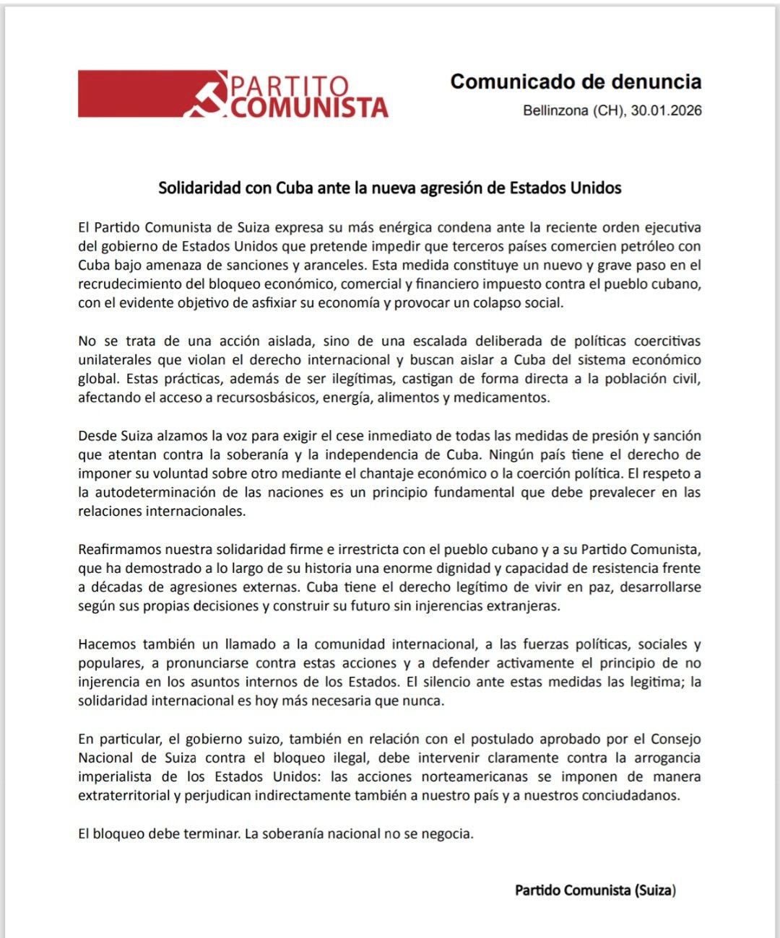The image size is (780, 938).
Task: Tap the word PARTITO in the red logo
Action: [x=290, y=86]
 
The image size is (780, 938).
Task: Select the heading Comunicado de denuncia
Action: [x=576, y=82]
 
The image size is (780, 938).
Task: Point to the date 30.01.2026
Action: [x=666, y=110]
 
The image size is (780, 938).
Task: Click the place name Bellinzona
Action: [x=555, y=110]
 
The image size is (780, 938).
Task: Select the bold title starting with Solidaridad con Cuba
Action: [x=390, y=188]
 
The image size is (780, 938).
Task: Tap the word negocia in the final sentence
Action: [x=447, y=833]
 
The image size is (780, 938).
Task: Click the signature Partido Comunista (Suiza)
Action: [x=595, y=890]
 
